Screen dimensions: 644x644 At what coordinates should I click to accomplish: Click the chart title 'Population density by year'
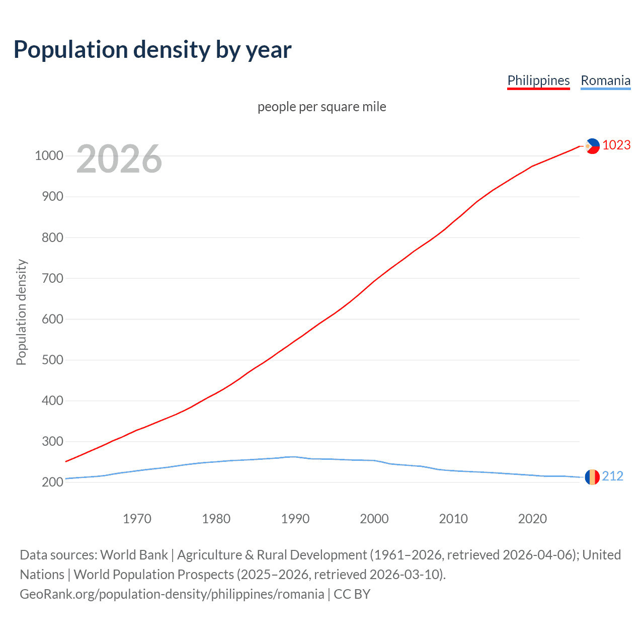pyautogui.click(x=152, y=50)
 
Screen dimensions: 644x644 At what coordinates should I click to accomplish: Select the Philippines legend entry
pyautogui.click(x=538, y=80)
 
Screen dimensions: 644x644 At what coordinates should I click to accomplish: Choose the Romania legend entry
pyautogui.click(x=605, y=80)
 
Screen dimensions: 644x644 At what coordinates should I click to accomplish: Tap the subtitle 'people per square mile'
pyautogui.click(x=321, y=107)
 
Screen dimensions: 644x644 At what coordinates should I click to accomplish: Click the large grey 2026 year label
pyautogui.click(x=119, y=159)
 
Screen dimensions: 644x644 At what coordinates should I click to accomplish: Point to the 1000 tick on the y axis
pyautogui.click(x=49, y=155)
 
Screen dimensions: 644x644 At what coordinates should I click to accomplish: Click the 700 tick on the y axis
pyautogui.click(x=52, y=278)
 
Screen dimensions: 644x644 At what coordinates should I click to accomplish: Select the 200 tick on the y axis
pyautogui.click(x=52, y=482)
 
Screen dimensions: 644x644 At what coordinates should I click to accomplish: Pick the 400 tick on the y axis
pyautogui.click(x=52, y=400)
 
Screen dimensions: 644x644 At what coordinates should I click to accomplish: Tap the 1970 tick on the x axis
pyautogui.click(x=137, y=519)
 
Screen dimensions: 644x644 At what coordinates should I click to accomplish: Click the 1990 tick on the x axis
pyautogui.click(x=295, y=519)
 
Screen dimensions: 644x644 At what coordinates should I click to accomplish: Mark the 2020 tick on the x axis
pyautogui.click(x=532, y=519)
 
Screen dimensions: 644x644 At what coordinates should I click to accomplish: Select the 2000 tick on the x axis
pyautogui.click(x=374, y=519)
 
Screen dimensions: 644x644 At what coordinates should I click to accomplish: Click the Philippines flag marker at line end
pyautogui.click(x=592, y=146)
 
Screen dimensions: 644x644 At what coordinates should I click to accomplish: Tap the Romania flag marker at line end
pyautogui.click(x=592, y=476)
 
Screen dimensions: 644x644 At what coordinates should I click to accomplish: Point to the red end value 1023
pyautogui.click(x=616, y=145)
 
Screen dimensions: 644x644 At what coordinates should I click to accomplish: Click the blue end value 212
pyautogui.click(x=612, y=476)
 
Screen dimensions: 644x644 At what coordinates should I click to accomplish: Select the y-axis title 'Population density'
pyautogui.click(x=21, y=312)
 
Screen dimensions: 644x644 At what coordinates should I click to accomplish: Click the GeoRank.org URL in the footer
pyautogui.click(x=172, y=594)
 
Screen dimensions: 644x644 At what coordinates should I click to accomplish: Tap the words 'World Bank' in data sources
pyautogui.click(x=134, y=555)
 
